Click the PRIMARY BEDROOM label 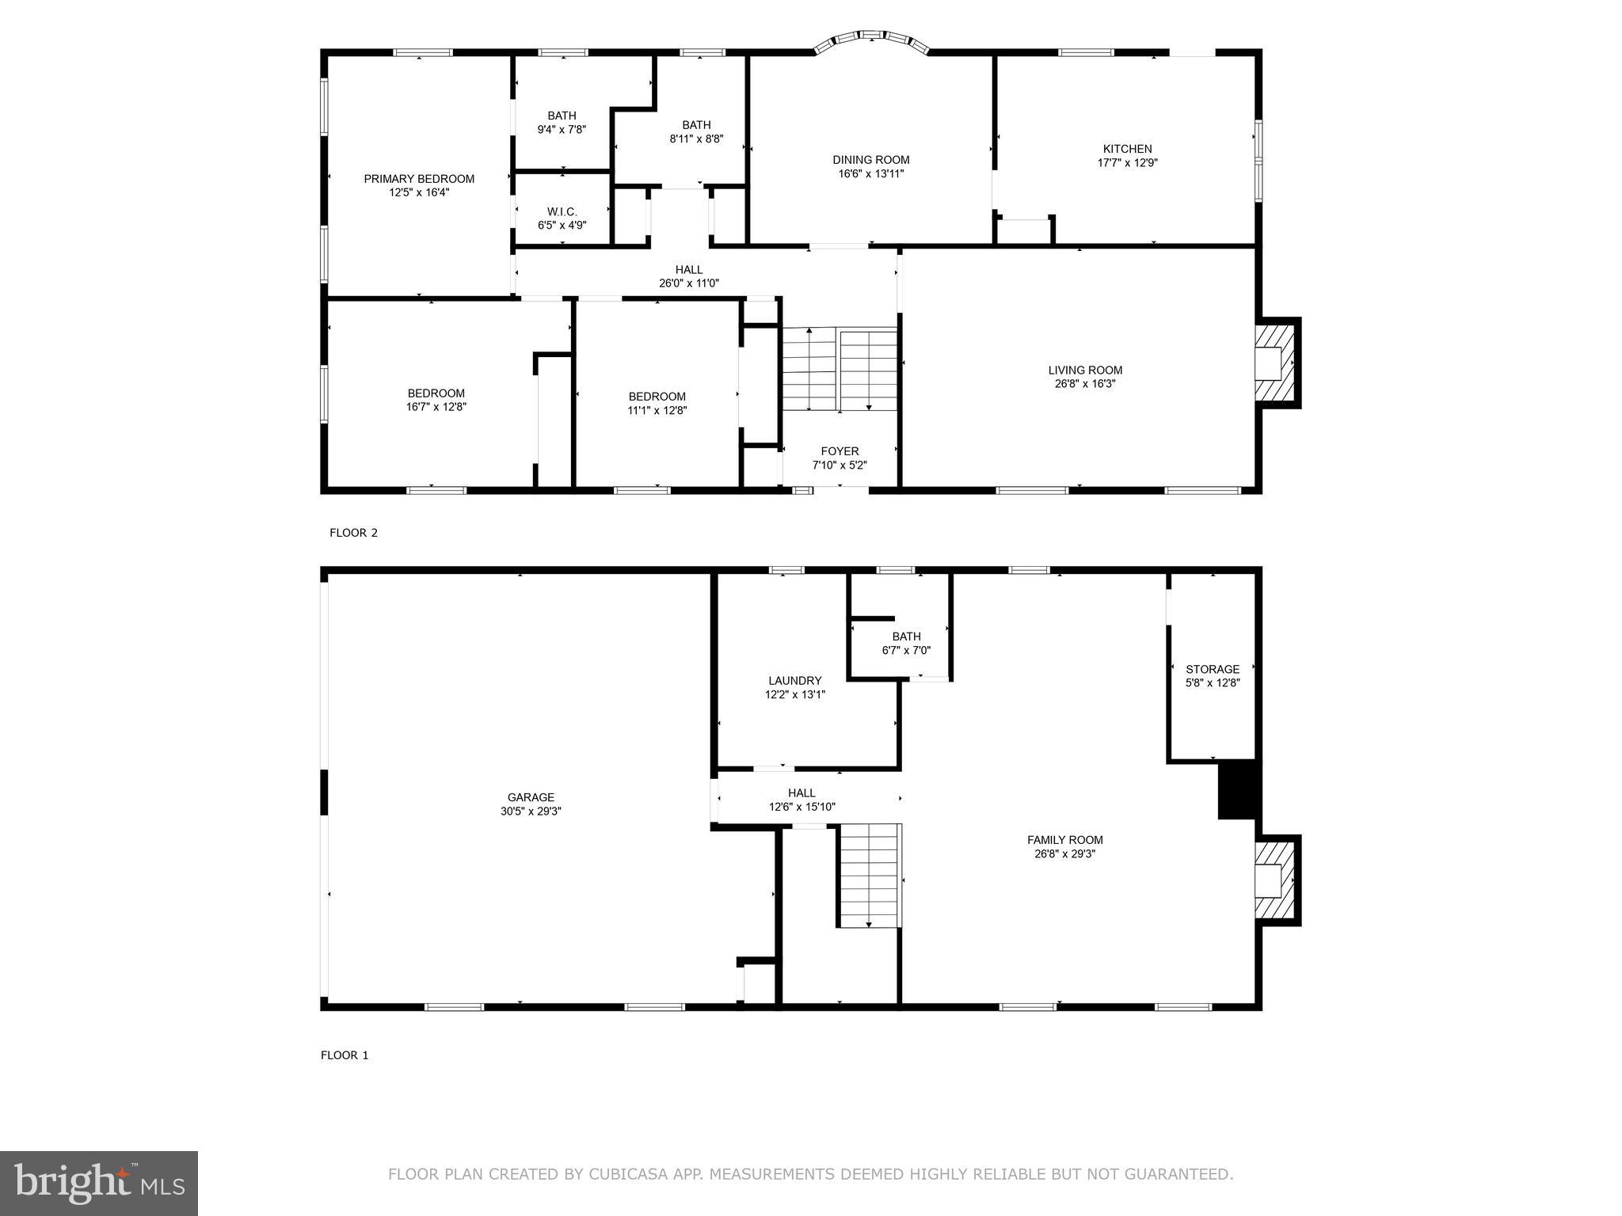click(x=419, y=179)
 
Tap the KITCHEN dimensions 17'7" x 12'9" click(x=1127, y=163)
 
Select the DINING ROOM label click(x=870, y=160)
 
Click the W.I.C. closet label click(x=562, y=211)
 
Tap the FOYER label click(x=840, y=451)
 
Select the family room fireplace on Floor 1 click(x=1274, y=880)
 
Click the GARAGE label click(x=531, y=797)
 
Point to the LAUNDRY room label click(x=794, y=681)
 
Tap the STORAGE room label click(x=1212, y=669)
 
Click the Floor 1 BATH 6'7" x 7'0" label click(x=906, y=636)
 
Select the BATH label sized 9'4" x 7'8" click(x=562, y=116)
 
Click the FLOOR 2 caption click(x=353, y=533)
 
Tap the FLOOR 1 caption click(x=345, y=1055)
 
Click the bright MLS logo click(x=99, y=1183)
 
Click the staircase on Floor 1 click(x=870, y=875)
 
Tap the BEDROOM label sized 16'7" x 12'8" click(x=436, y=393)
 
